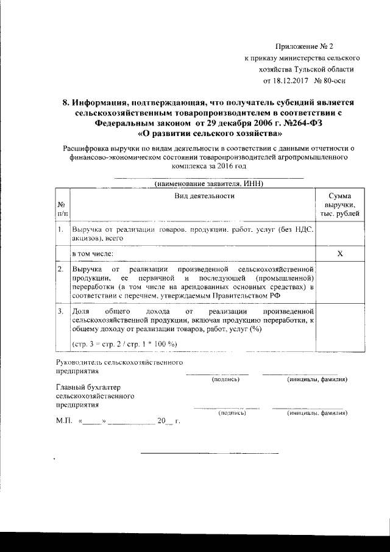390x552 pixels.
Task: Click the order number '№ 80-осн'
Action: (x=333, y=81)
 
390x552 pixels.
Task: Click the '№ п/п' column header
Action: (x=62, y=209)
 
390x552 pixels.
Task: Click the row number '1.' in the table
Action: (x=61, y=229)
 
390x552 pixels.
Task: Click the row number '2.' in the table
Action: (x=61, y=268)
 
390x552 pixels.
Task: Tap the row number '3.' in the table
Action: (x=61, y=311)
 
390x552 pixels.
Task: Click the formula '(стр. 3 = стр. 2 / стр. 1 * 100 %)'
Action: (x=124, y=344)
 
